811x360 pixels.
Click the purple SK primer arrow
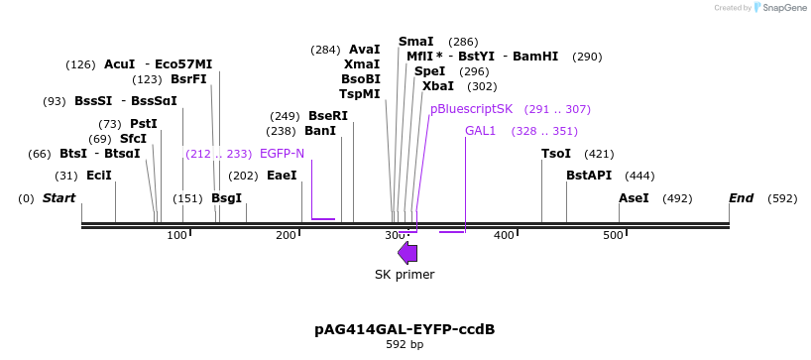coord(406,253)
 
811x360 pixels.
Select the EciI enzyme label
coord(99,176)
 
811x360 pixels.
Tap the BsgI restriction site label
coord(226,198)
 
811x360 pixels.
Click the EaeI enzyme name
coord(282,176)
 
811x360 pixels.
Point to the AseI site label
coord(634,198)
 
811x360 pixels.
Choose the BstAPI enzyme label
coord(589,176)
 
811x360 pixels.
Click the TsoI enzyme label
coord(556,154)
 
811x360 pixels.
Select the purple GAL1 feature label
coord(480,131)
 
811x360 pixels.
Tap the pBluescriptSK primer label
coord(472,109)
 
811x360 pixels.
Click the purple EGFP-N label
coord(282,154)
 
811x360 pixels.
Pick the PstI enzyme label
coord(144,124)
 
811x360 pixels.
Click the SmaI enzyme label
coord(415,42)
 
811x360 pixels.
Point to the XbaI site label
coord(438,86)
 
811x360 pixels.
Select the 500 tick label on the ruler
coord(613,235)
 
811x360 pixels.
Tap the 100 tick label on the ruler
coord(176,235)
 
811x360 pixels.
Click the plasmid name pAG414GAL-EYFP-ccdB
coord(405,328)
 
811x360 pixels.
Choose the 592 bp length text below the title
coord(405,345)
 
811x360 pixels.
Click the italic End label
coord(742,198)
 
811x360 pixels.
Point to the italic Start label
coord(58,198)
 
